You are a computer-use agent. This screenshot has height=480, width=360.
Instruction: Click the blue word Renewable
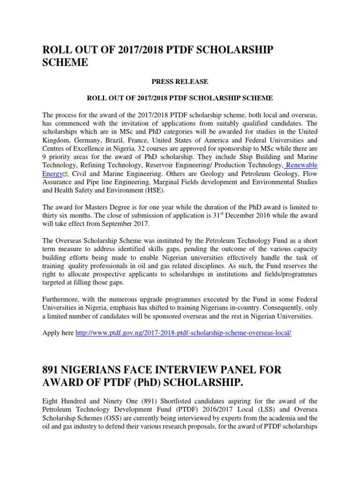coord(302,165)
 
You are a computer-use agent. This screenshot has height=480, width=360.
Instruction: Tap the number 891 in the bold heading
coord(54,370)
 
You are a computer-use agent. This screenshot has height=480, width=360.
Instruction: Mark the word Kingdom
coord(57,140)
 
